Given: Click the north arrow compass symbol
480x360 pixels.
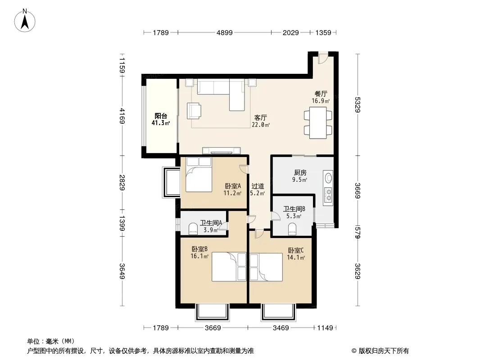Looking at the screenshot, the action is click(x=25, y=20).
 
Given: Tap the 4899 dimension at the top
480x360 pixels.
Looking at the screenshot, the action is click(x=224, y=32).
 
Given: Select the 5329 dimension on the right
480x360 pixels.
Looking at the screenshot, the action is click(x=358, y=104).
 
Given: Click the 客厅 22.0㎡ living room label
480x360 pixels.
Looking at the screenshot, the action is click(x=261, y=121).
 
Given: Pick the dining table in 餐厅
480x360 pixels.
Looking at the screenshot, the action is click(x=318, y=122).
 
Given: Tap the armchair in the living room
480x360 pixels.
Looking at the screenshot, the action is click(x=194, y=110).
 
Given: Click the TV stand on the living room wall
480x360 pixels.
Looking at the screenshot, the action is click(x=222, y=150).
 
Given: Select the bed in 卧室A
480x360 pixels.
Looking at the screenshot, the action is click(x=199, y=174).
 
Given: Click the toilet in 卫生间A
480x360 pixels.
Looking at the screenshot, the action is click(x=193, y=229).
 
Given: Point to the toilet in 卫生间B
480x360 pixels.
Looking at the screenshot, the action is click(x=292, y=229).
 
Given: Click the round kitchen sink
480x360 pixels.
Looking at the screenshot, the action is click(x=328, y=177).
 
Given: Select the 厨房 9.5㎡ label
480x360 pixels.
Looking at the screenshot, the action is click(x=299, y=176).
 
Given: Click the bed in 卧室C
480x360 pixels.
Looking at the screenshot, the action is click(x=266, y=267).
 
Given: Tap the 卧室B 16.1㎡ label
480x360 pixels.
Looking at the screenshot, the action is click(x=199, y=252).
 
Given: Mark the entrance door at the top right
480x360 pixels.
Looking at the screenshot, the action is click(x=322, y=58).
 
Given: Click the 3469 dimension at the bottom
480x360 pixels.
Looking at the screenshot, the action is click(x=281, y=328).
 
